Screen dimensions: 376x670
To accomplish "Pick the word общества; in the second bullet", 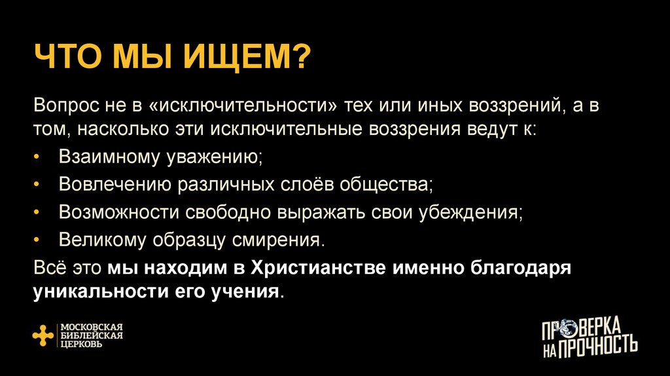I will coord(385,185).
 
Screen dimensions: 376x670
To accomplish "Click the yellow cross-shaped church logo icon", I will coord(43,335).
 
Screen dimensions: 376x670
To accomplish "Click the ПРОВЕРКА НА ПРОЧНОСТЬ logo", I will coord(590,337).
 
